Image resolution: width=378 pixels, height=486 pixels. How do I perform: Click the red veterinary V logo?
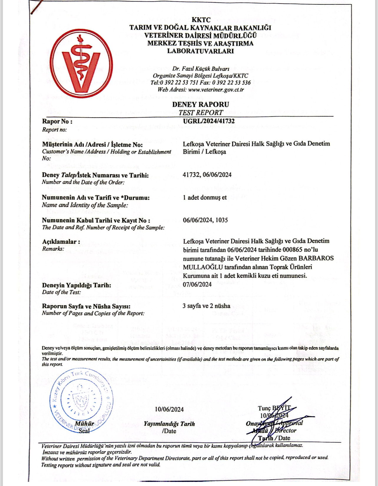[x=81, y=64]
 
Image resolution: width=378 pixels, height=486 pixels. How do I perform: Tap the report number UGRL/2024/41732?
[x=209, y=121]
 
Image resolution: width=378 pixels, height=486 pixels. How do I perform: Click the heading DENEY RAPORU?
[x=200, y=104]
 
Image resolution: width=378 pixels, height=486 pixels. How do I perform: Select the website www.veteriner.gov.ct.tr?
[x=216, y=90]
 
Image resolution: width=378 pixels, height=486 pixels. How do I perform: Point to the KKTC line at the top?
[x=201, y=20]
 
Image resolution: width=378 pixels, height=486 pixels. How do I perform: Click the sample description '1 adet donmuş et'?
[x=205, y=197]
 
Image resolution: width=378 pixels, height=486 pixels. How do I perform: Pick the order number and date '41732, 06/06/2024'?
[x=207, y=175]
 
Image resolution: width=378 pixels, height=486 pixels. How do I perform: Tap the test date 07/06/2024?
[x=197, y=284]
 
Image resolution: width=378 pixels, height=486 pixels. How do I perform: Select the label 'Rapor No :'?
[x=57, y=121]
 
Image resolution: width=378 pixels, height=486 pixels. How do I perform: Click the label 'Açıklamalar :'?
[x=61, y=242]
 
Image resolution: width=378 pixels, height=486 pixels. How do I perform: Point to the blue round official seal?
[x=81, y=400]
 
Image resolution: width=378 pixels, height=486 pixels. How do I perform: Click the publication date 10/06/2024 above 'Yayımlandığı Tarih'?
[x=169, y=409]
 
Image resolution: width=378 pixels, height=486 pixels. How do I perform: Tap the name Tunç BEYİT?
[x=274, y=408]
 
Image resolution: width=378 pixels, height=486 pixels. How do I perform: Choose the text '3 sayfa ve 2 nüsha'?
[x=206, y=306]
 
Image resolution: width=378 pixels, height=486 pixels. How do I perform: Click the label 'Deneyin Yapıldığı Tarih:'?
[x=77, y=285]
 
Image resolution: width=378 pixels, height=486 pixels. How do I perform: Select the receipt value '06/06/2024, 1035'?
[x=205, y=220]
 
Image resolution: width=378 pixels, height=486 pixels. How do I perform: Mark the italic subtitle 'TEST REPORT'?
[x=201, y=113]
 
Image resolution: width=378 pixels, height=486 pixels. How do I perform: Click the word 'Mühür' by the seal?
[x=84, y=423]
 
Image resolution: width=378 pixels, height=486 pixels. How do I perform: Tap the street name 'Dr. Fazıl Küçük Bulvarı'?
[x=201, y=69]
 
